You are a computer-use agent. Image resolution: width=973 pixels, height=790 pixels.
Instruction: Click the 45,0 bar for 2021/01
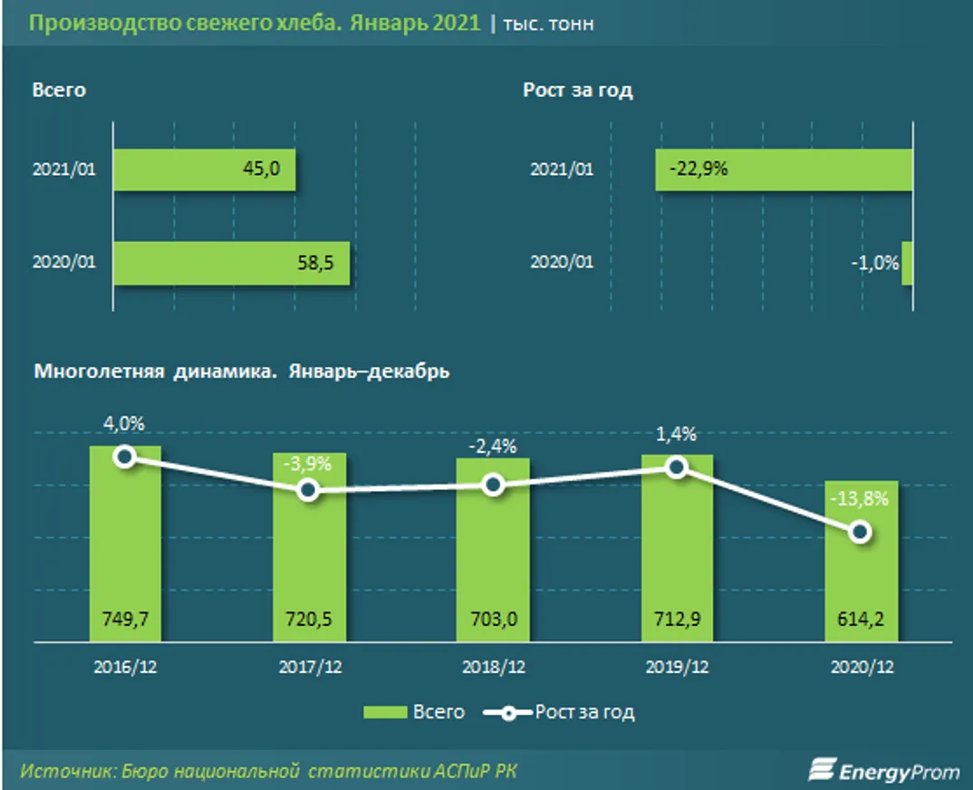205,169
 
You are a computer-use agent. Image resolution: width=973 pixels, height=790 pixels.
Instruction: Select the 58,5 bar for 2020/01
232,263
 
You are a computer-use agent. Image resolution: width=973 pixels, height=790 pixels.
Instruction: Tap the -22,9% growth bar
784,169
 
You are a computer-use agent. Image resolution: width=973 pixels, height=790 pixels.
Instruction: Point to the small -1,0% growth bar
907,263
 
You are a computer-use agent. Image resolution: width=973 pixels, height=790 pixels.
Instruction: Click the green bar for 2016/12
125,544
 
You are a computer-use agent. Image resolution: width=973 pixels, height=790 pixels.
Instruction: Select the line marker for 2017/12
308,490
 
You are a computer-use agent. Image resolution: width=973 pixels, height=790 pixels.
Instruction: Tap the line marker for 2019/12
676,467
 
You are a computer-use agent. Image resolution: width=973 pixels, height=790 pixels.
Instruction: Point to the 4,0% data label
125,423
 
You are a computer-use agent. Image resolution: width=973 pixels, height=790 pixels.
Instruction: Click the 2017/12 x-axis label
308,667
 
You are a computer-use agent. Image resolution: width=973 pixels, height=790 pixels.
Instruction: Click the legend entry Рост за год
560,712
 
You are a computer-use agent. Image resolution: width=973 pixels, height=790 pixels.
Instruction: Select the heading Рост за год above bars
577,91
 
